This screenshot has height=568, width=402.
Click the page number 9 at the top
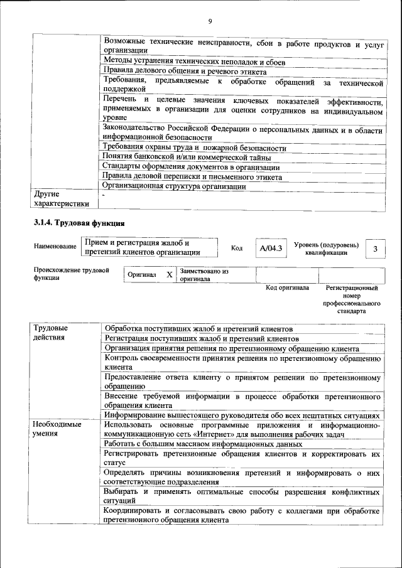click(x=210, y=22)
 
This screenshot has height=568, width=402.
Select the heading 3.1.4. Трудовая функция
click(x=79, y=223)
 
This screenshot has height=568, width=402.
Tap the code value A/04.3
click(x=271, y=249)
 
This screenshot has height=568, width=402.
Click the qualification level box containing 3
click(x=375, y=249)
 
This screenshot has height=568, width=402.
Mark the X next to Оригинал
click(x=169, y=275)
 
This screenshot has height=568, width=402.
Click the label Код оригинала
click(x=287, y=288)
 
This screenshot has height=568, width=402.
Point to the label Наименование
click(x=55, y=247)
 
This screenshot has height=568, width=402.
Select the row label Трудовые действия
click(x=52, y=333)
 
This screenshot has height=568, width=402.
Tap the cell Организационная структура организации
click(x=174, y=186)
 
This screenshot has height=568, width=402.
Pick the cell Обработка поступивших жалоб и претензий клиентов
click(x=198, y=328)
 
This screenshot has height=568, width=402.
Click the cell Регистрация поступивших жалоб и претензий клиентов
click(x=201, y=338)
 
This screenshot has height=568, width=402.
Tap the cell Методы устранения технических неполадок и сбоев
click(x=194, y=62)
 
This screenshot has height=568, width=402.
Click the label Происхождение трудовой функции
click(x=69, y=274)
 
